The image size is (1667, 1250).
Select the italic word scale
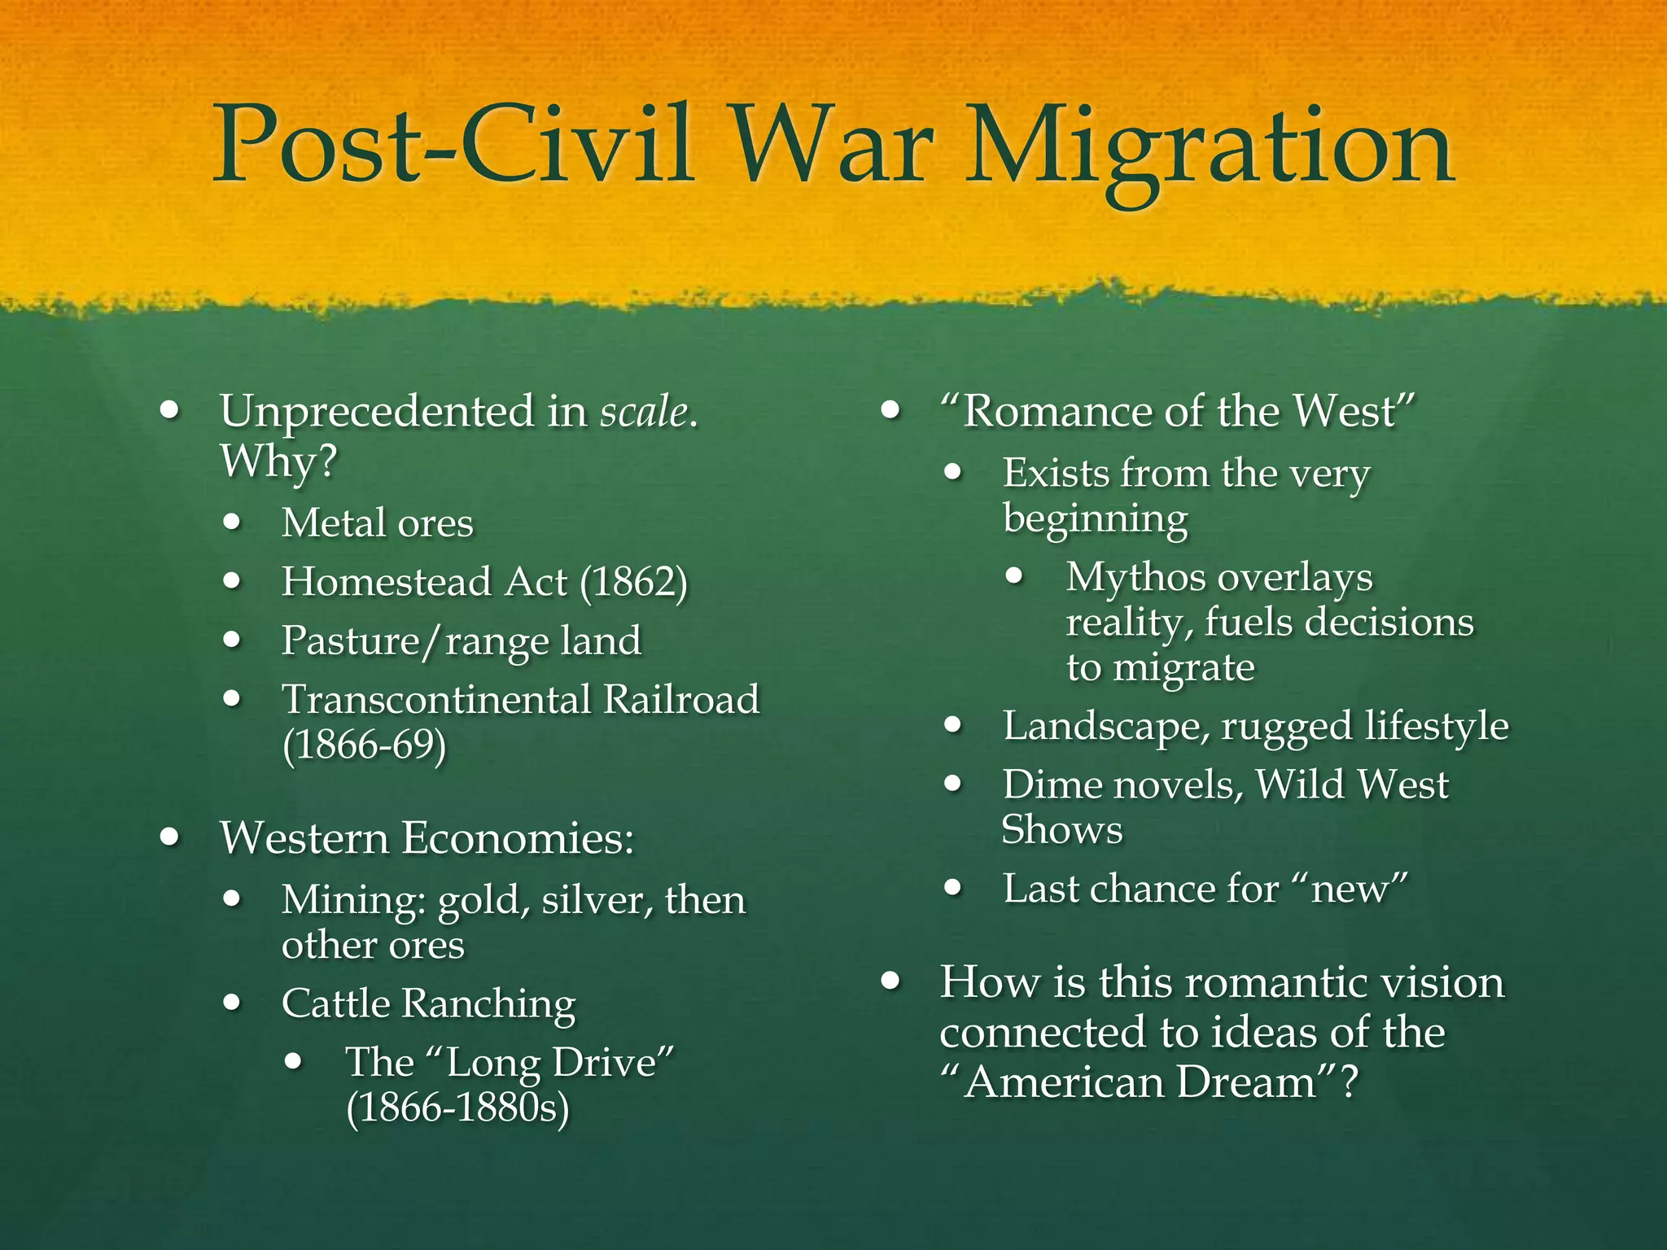644,411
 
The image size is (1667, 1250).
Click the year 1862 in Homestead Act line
634,583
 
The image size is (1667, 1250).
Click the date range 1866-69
364,745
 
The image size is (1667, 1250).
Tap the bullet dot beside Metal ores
233,522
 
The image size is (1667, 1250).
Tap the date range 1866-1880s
457,1108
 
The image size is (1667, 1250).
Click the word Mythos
1136,578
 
